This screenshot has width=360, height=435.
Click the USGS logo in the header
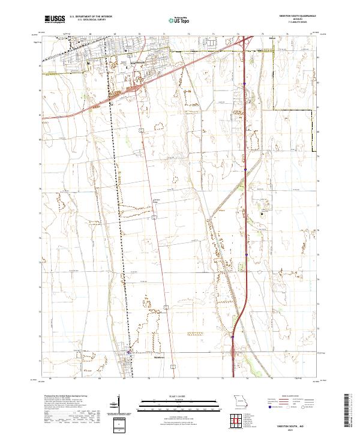point(53,19)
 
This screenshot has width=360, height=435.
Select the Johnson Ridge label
point(158,201)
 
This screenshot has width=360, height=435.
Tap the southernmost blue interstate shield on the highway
point(232,337)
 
